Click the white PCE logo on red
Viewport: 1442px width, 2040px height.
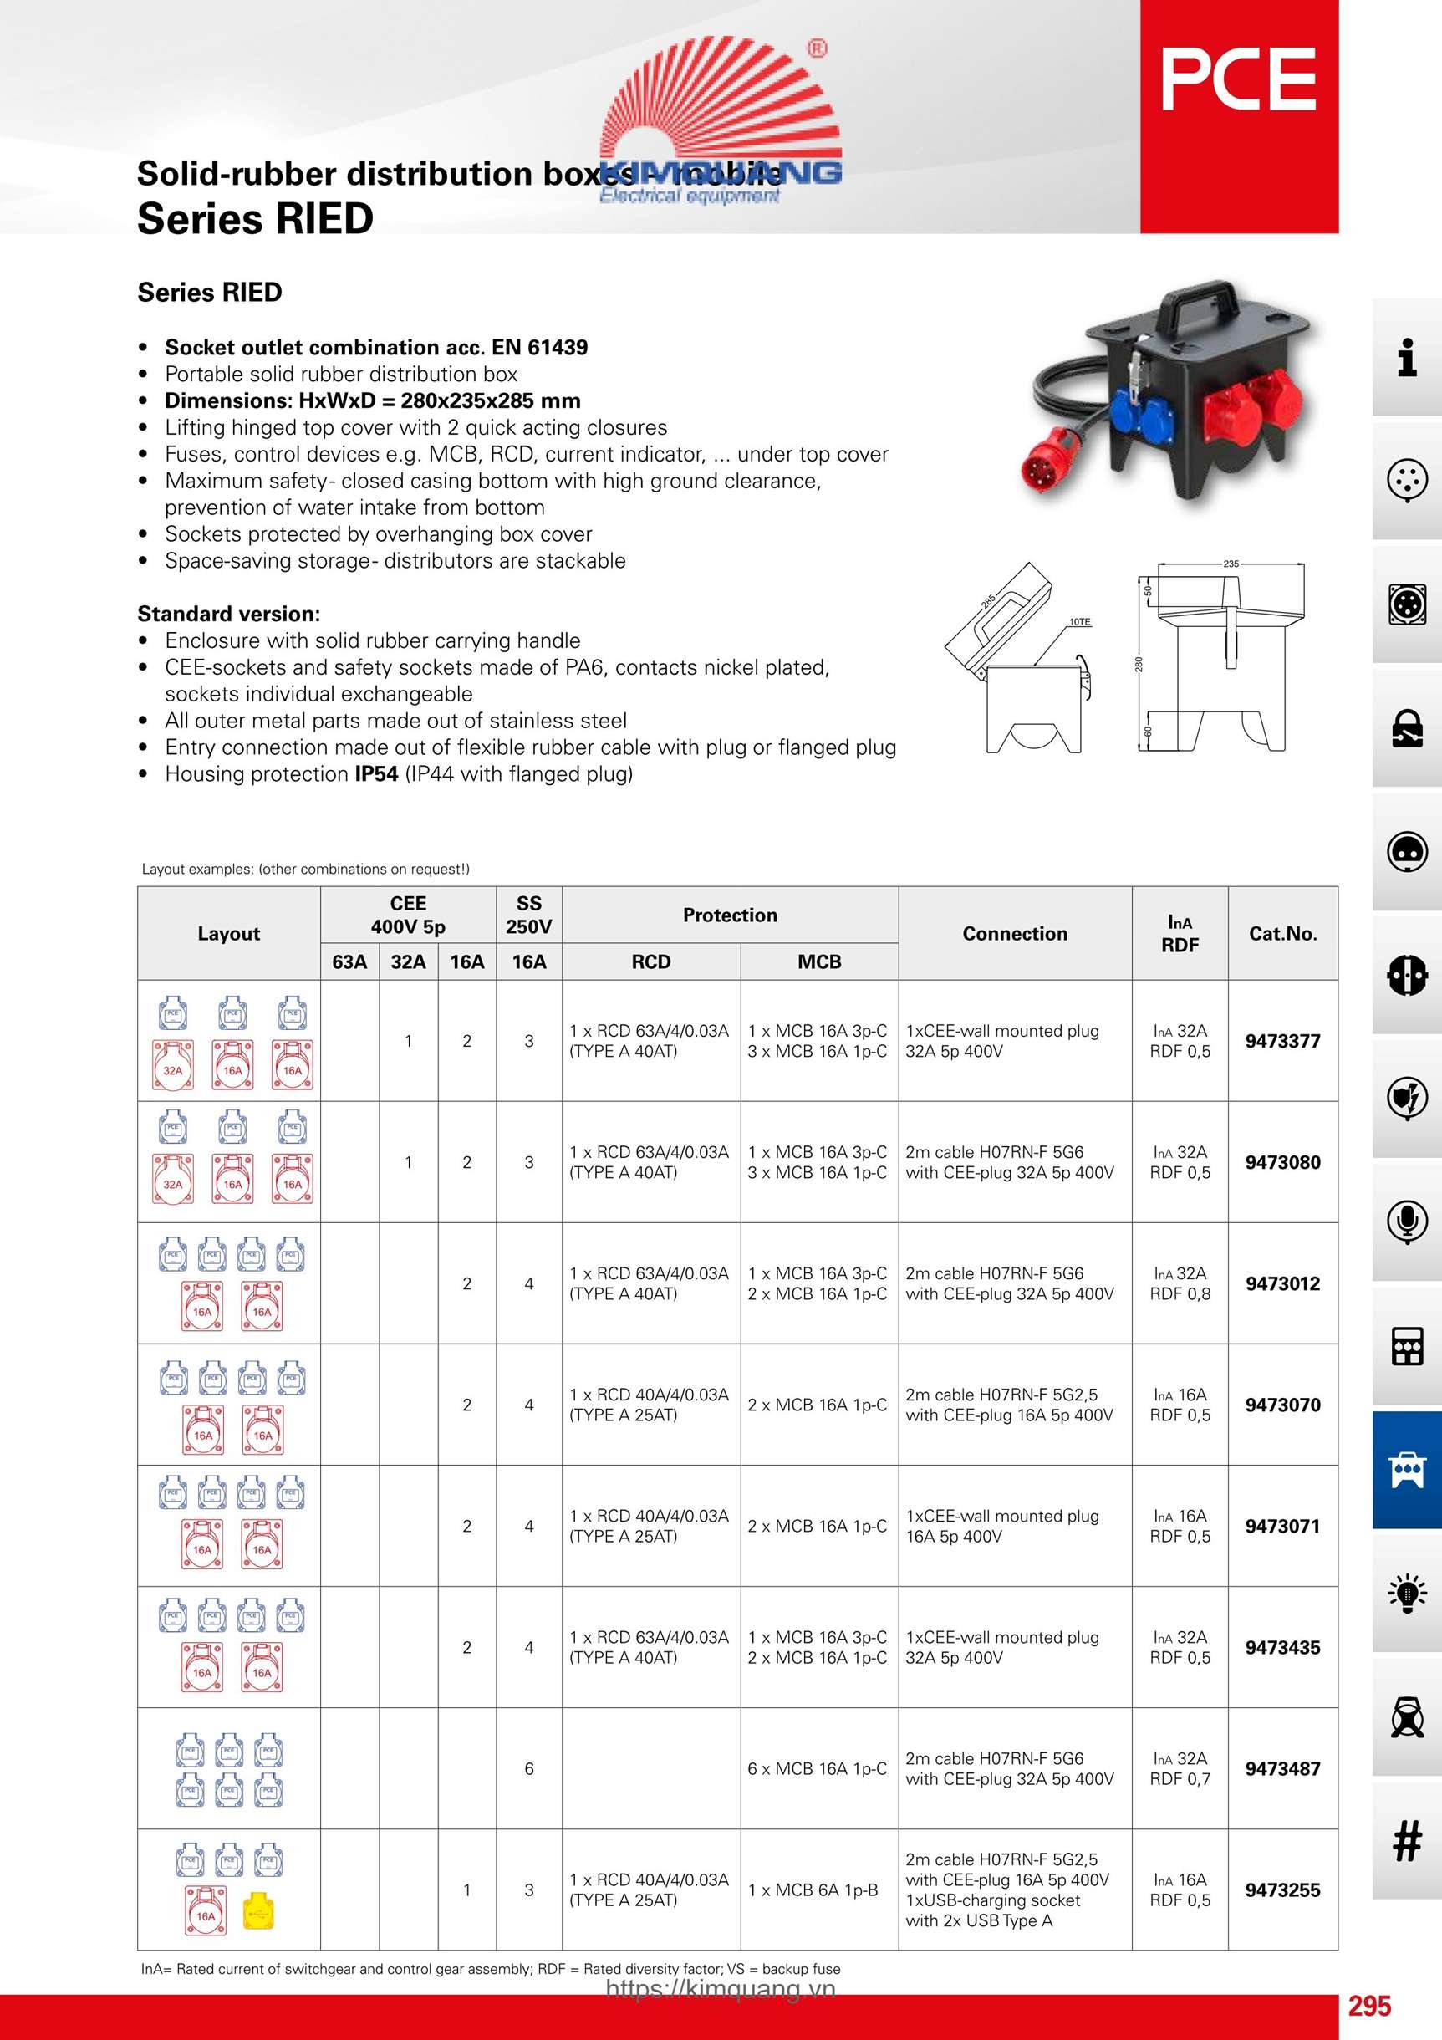[1239, 79]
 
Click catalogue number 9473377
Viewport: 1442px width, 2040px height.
[1282, 1040]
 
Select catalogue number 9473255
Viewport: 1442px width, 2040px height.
[1282, 1890]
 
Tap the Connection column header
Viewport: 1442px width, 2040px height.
[1015, 933]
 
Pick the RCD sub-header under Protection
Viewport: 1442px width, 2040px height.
[650, 961]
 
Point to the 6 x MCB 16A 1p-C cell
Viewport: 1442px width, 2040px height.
[818, 1768]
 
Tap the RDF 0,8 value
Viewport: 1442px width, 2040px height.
[1180, 1293]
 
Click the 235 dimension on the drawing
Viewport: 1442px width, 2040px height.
[1231, 564]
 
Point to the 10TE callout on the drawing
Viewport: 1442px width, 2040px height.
[1079, 622]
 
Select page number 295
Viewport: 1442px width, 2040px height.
[1369, 2006]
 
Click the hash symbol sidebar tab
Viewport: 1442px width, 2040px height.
[1406, 1841]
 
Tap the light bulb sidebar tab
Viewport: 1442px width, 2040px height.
[1406, 1593]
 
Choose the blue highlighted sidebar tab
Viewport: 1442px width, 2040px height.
[1406, 1470]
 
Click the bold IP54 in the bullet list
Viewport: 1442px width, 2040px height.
[376, 774]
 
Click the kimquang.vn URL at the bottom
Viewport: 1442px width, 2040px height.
[721, 1988]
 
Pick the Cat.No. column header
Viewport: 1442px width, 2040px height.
[1282, 933]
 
